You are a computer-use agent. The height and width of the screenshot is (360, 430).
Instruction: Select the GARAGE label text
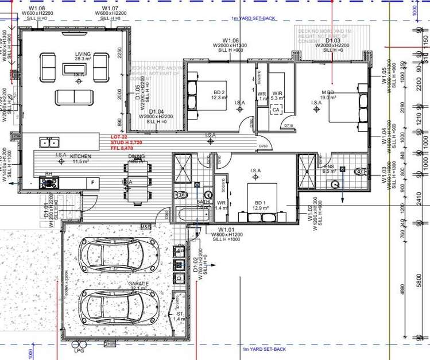coord(138,284)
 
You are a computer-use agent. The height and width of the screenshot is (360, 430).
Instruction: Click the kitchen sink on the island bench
coord(48,142)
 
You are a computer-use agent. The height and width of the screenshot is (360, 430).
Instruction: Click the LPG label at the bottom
coord(79,350)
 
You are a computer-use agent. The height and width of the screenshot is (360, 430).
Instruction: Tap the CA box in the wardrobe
coord(276,110)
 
